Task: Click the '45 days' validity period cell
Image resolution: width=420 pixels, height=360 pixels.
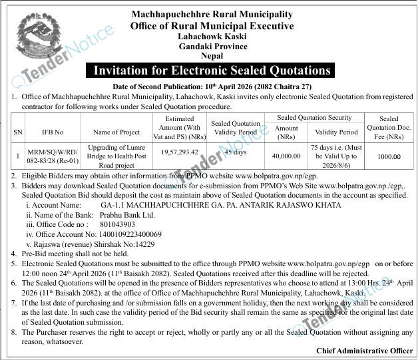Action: coord(236,152)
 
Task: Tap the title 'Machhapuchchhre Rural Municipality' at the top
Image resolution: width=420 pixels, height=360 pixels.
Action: coord(212,14)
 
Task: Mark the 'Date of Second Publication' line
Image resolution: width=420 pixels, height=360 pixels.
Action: coord(212,87)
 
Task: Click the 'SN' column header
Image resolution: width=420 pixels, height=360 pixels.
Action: coord(17,132)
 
